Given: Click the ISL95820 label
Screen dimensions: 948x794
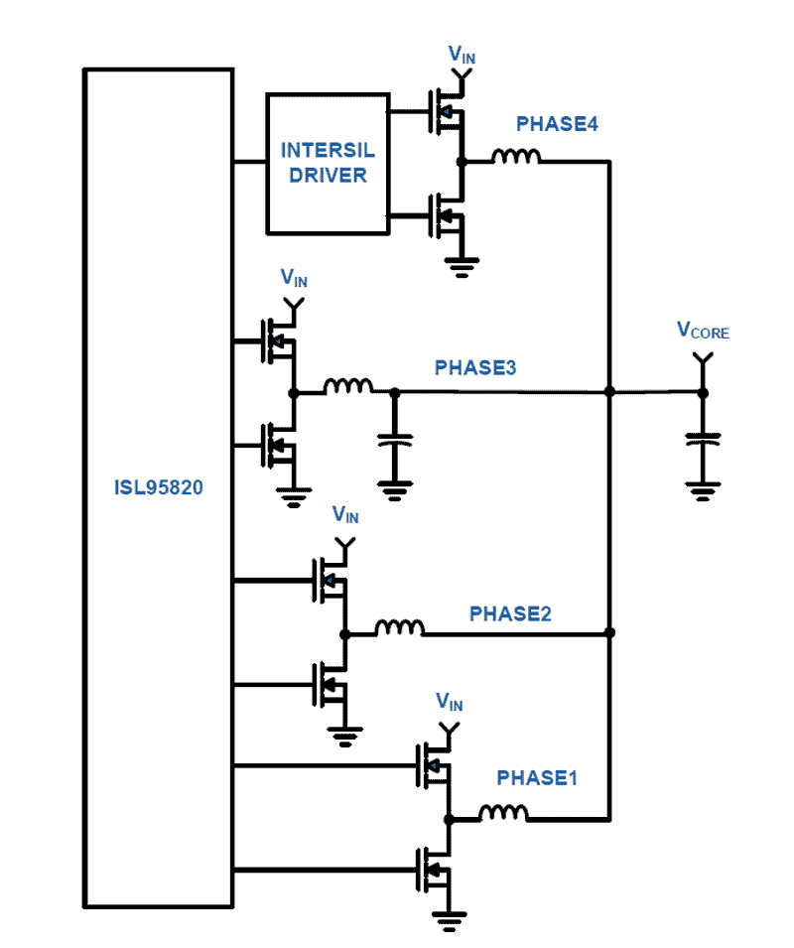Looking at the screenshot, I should pyautogui.click(x=158, y=488).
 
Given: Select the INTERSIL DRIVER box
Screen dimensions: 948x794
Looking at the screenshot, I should pyautogui.click(x=327, y=163).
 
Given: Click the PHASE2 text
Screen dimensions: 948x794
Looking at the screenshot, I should pyautogui.click(x=510, y=613).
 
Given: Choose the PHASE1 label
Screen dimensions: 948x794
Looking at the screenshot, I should pyautogui.click(x=537, y=777).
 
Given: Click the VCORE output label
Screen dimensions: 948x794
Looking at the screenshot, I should pyautogui.click(x=702, y=332).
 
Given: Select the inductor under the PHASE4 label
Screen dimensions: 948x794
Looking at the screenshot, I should pyautogui.click(x=516, y=157).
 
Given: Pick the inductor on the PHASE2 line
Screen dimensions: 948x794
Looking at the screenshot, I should pyautogui.click(x=399, y=627).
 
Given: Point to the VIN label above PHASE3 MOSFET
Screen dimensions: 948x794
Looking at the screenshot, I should pyautogui.click(x=294, y=279).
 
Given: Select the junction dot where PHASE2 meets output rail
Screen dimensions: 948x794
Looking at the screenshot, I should pyautogui.click(x=609, y=632).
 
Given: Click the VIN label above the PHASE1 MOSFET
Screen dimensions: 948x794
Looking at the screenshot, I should pyautogui.click(x=450, y=703).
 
